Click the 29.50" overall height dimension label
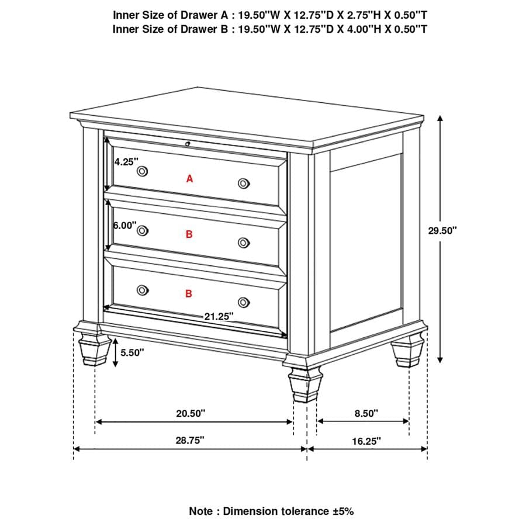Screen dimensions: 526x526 click(442, 230)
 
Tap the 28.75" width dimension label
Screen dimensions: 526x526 click(191, 441)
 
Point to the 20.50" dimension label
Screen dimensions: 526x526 click(192, 413)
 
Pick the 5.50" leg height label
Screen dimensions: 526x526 click(132, 352)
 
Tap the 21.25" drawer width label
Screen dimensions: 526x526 click(219, 316)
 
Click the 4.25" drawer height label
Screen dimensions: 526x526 click(125, 162)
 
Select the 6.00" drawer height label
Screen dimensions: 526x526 click(125, 225)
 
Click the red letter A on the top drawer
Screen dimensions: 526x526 click(189, 179)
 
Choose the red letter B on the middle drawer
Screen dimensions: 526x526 click(189, 234)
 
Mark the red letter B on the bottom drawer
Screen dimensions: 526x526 click(189, 294)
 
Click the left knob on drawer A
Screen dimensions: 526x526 click(143, 171)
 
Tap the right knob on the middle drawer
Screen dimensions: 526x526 click(244, 243)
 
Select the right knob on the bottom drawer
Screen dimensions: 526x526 click(244, 302)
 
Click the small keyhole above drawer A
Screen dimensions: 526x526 click(187, 143)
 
